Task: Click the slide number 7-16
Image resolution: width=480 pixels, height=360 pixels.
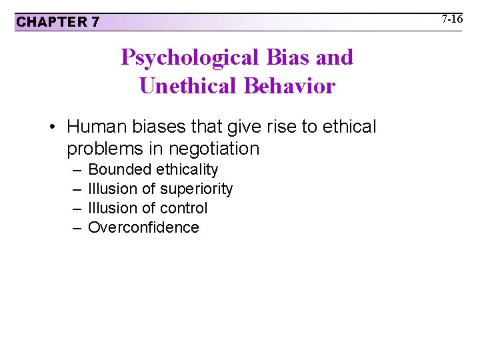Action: tap(452, 19)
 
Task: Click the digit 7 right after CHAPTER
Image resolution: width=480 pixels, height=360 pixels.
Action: tap(95, 22)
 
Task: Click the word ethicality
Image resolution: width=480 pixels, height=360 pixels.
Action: tap(187, 170)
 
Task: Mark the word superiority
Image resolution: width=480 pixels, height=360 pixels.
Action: tap(197, 189)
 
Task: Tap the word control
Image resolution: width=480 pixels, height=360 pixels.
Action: tap(184, 208)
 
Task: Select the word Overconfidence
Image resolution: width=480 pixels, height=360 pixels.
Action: tap(143, 227)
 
